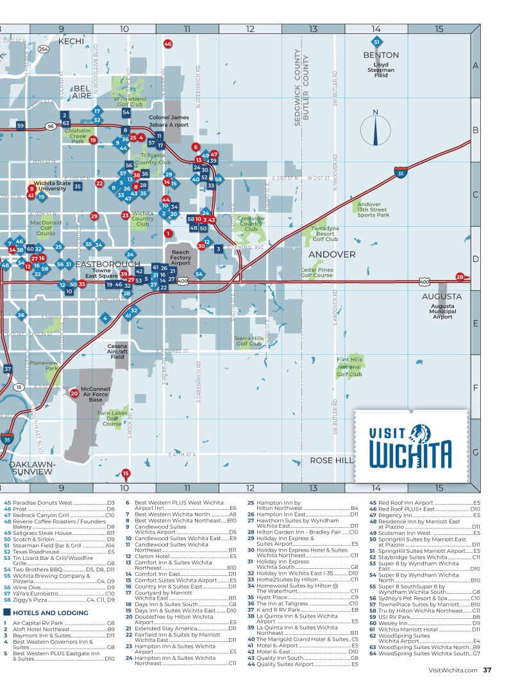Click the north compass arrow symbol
(376, 128)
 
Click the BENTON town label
(381, 55)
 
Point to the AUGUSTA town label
(442, 297)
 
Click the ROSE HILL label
(331, 461)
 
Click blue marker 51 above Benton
(377, 42)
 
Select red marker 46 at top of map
(168, 44)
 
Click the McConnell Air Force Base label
(96, 394)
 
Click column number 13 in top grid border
(313, 29)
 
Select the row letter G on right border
(476, 452)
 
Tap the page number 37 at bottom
(487, 671)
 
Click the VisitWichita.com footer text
(453, 671)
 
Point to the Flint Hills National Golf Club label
(349, 367)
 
